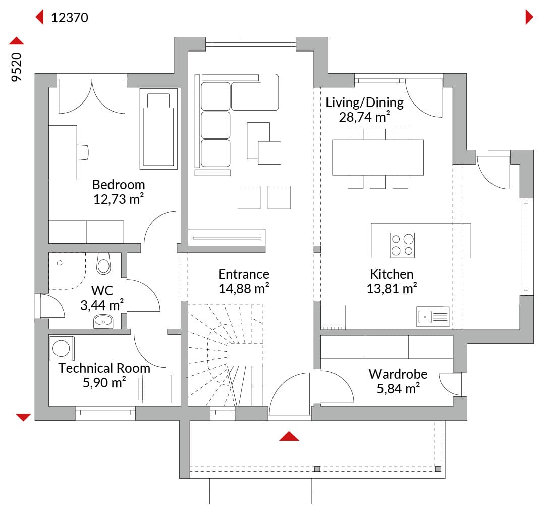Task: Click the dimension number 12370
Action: click(x=70, y=17)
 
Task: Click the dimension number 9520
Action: click(x=16, y=67)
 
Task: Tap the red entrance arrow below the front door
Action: click(x=289, y=436)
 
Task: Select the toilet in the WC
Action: click(x=103, y=264)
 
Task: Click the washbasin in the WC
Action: click(x=103, y=321)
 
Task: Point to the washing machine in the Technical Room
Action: click(x=62, y=348)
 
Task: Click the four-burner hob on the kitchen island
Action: click(x=402, y=245)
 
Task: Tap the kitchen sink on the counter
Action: click(x=433, y=317)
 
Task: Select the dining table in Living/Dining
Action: click(x=378, y=158)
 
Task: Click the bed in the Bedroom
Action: click(x=158, y=129)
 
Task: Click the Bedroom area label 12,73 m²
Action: click(x=119, y=199)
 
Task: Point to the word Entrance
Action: click(x=244, y=274)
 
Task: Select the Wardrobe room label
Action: click(x=398, y=374)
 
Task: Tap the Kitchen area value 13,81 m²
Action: click(x=392, y=289)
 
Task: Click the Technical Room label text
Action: click(x=104, y=368)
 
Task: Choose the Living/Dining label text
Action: click(x=365, y=102)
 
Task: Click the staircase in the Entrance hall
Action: click(x=226, y=355)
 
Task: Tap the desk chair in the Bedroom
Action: click(x=83, y=152)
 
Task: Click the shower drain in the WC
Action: click(x=60, y=263)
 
